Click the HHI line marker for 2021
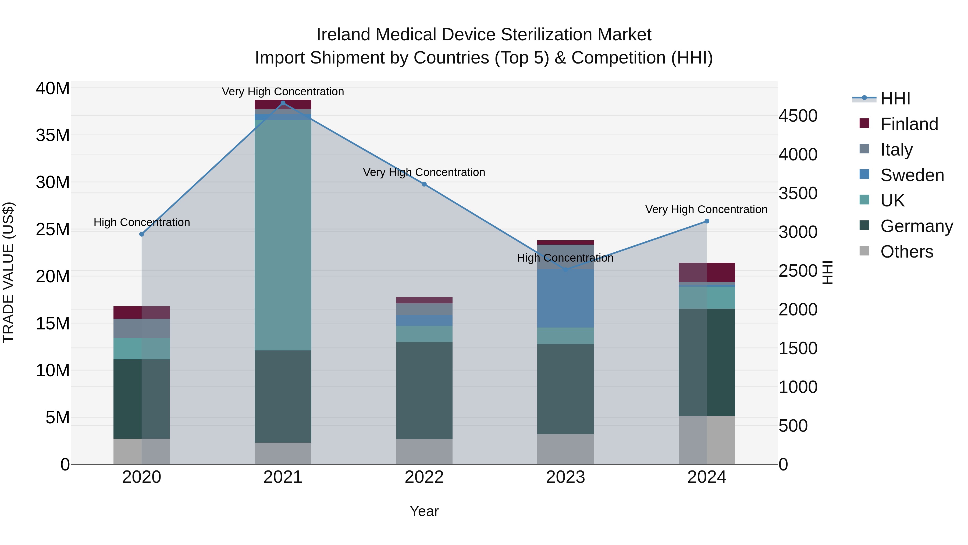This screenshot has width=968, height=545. (283, 103)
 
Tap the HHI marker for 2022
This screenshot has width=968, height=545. (424, 184)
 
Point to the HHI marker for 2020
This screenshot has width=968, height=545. (142, 234)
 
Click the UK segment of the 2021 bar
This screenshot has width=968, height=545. (283, 235)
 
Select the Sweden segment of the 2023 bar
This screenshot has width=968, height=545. (565, 298)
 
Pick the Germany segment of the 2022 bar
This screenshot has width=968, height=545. (424, 391)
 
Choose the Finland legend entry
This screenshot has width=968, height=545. (909, 124)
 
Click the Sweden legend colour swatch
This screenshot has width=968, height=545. (864, 174)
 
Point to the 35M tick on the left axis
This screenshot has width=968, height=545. (53, 135)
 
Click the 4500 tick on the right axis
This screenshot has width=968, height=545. (798, 116)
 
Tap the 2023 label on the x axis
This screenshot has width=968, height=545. (565, 477)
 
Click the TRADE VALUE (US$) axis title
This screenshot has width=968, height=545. (8, 272)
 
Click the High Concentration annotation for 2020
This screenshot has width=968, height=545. (142, 222)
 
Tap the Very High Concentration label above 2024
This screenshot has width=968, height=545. (706, 209)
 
